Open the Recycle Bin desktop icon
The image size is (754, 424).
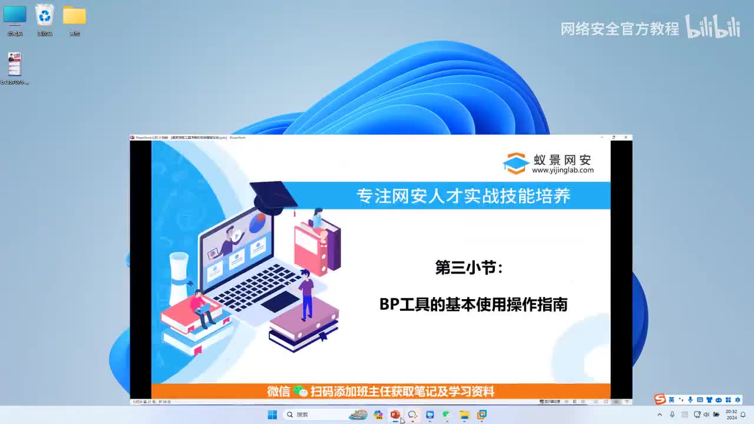tap(45, 15)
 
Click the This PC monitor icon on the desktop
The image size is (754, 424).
tap(15, 15)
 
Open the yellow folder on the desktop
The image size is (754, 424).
tap(74, 16)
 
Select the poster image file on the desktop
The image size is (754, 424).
tap(15, 64)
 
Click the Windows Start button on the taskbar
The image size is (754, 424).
tap(272, 415)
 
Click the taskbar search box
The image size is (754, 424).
tap(312, 415)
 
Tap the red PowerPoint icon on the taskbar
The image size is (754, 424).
tap(395, 415)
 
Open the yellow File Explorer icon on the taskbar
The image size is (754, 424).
tap(464, 415)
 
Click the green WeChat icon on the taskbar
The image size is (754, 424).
tap(447, 415)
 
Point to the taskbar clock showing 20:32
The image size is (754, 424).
tap(732, 415)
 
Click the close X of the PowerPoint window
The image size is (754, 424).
tap(626, 137)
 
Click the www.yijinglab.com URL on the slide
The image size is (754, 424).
tap(563, 170)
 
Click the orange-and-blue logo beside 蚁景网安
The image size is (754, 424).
tap(515, 164)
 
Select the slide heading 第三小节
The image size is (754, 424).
tap(469, 268)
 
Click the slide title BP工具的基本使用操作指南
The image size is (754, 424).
tap(473, 304)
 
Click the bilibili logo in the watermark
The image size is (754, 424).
tap(713, 27)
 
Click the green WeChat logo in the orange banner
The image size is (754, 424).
tap(300, 392)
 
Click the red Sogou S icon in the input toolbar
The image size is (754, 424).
tap(660, 400)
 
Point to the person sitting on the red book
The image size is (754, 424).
tap(201, 307)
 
